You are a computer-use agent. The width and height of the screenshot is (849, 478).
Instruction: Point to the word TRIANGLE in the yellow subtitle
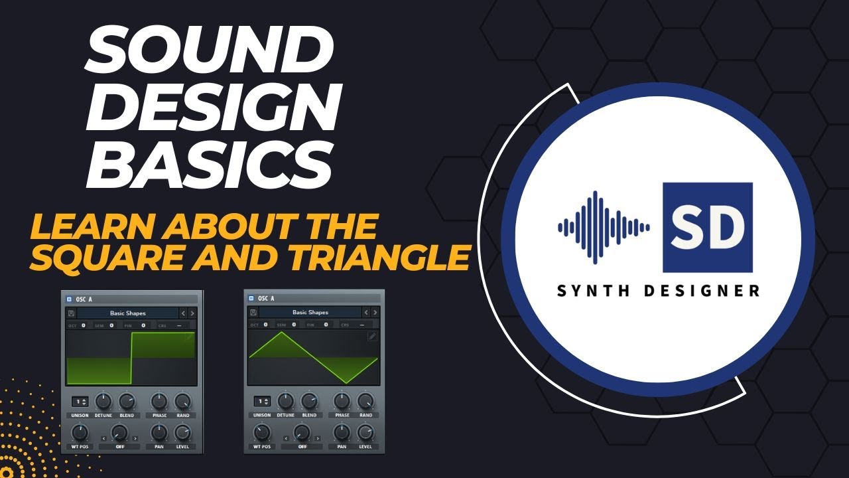[x=392, y=257]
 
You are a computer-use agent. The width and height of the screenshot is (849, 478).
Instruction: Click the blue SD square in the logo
[x=708, y=227]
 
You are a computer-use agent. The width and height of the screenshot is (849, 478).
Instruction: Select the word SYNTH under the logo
[x=589, y=291]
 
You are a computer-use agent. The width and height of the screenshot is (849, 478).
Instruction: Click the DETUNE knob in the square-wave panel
[x=103, y=401]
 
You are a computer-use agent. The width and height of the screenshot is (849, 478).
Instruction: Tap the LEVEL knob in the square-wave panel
[x=182, y=433]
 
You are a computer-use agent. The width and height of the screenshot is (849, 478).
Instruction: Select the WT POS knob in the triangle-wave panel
[x=262, y=433]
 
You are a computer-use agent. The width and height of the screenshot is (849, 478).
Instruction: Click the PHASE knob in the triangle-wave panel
[x=342, y=400]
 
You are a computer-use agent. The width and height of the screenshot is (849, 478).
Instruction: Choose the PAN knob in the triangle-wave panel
[x=342, y=433]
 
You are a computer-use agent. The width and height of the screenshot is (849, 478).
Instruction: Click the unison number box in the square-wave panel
[x=80, y=402]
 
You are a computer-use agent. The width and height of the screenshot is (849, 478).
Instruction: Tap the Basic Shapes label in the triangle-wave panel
[x=310, y=312]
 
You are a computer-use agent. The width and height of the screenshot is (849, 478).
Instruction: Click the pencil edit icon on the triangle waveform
[x=372, y=337]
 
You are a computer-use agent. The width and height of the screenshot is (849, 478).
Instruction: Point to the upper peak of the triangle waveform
[x=281, y=333]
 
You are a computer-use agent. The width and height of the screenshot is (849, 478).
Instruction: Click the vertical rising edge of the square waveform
[x=131, y=358]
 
